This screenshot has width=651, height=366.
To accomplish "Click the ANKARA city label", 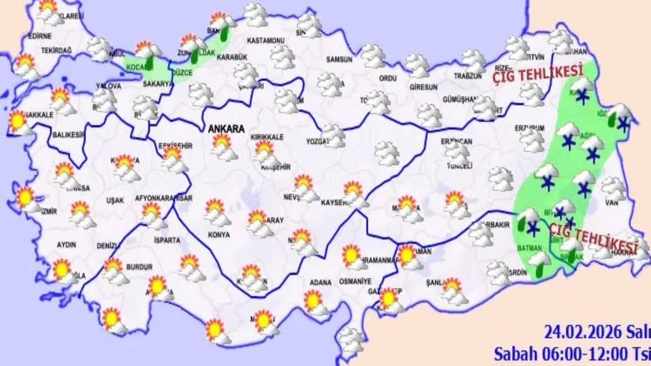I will point(226,129).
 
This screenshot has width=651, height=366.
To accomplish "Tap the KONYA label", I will point(219,235).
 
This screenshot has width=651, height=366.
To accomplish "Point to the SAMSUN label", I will point(339,59).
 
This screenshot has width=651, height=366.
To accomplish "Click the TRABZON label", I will point(467,76).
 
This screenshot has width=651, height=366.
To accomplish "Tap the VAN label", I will point(612,203).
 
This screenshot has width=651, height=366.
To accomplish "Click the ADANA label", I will point(320,283).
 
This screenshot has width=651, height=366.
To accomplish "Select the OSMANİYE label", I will point(356,281).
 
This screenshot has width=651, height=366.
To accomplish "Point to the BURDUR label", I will point(139,267).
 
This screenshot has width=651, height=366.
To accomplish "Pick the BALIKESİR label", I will point(68,135).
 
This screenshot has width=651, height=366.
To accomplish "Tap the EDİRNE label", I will point(40,36).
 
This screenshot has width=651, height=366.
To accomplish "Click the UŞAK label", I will point(115,200).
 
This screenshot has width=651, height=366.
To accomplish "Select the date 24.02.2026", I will point(583,332).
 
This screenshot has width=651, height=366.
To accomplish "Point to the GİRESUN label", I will point(423,87).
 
